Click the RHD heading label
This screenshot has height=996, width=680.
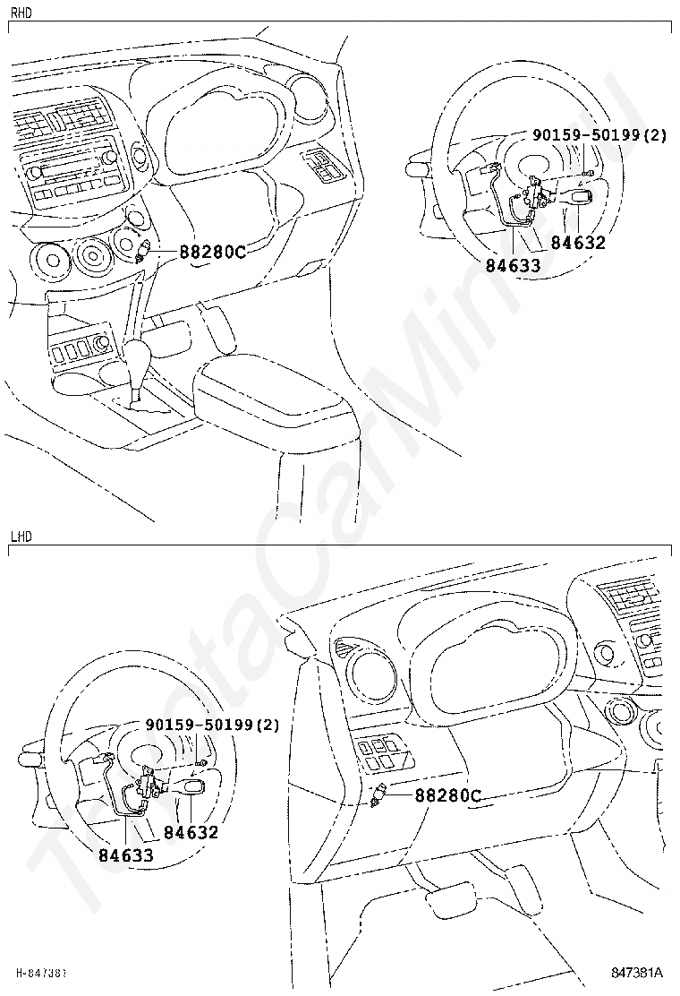coord(21,13)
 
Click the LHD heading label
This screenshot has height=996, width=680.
coord(21,537)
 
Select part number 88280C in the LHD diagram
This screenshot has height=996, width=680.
coord(447,794)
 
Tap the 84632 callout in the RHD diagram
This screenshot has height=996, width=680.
coord(577,243)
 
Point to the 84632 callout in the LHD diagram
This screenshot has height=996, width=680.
coord(190,832)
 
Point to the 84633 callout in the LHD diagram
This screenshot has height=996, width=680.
coord(125,854)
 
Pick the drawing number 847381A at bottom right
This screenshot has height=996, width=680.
coord(637,972)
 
